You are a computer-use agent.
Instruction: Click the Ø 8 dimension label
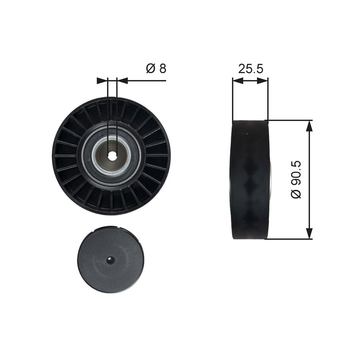tap(156, 69)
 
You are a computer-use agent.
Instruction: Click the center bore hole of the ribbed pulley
tap(112, 155)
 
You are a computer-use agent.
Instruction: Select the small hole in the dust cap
tap(110, 260)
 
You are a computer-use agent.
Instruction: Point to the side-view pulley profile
tap(250, 179)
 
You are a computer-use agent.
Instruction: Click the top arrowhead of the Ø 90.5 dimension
tap(310, 125)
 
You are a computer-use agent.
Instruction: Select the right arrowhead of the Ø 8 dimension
tap(122, 80)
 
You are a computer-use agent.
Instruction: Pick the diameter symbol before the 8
tap(150, 69)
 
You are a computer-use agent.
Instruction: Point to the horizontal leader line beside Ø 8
tap(148, 80)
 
